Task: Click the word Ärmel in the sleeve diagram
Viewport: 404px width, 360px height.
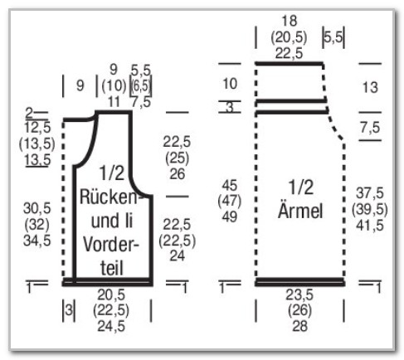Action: (300, 211)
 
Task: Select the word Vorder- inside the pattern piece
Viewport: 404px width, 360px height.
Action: (110, 244)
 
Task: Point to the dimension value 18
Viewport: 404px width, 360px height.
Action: (289, 21)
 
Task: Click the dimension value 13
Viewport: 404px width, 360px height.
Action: (370, 87)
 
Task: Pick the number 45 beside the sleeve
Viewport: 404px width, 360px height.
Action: (230, 185)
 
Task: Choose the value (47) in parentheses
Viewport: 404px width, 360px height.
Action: (230, 201)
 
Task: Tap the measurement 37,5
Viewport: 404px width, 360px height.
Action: (370, 192)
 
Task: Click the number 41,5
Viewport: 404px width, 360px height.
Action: (370, 225)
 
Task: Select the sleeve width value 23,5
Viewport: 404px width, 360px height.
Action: (299, 295)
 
